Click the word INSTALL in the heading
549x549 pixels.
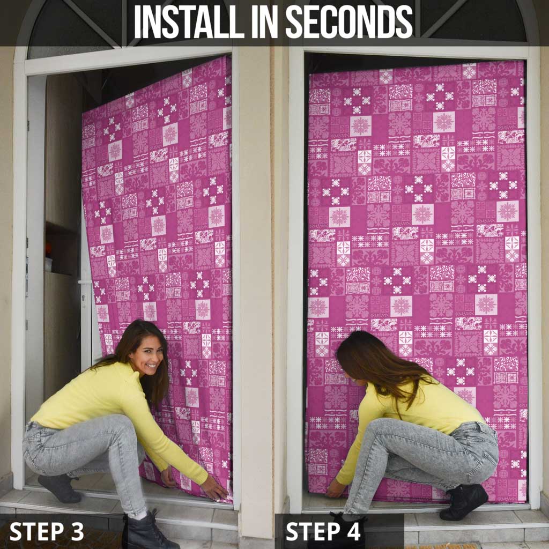pyautogui.click(x=189, y=21)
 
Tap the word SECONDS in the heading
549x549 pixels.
pyautogui.click(x=350, y=21)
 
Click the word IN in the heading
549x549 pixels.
pyautogui.click(x=265, y=21)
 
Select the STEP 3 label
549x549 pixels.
pyautogui.click(x=47, y=531)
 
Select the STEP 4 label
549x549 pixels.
pyautogui.click(x=323, y=531)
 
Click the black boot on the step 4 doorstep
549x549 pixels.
pyautogui.click(x=464, y=501)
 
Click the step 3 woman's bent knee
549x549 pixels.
pyautogui.click(x=121, y=425)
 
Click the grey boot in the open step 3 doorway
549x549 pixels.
pyautogui.click(x=59, y=488)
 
